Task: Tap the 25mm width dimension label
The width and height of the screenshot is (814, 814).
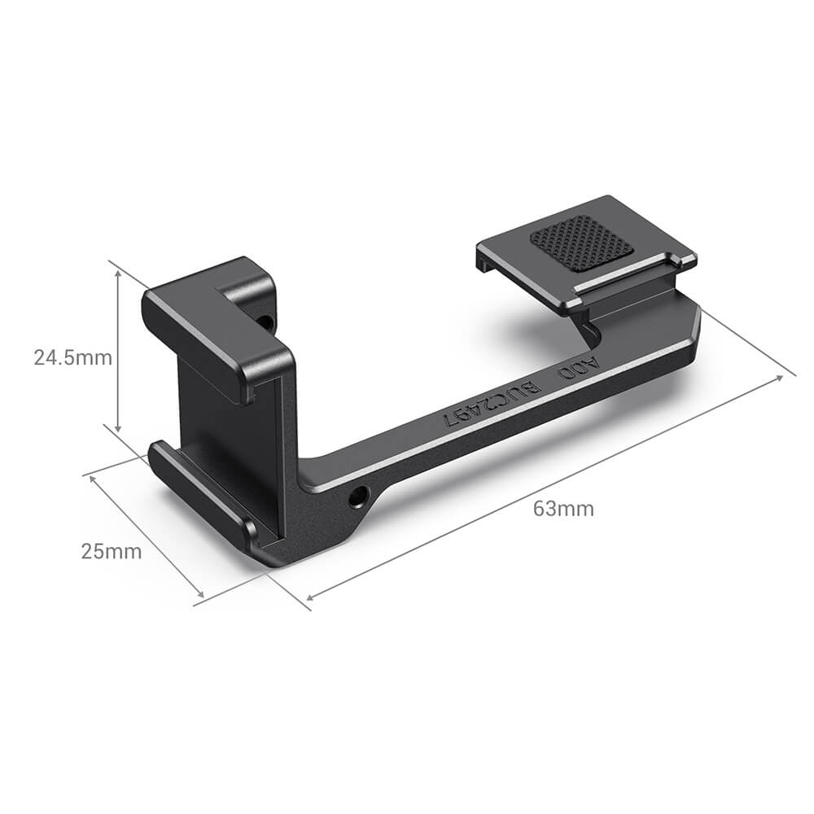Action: tap(112, 551)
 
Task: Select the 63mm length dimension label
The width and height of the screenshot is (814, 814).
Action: tap(563, 510)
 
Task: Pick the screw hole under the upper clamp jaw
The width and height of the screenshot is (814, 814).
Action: tap(265, 322)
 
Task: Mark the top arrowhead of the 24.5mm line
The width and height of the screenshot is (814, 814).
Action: tap(119, 274)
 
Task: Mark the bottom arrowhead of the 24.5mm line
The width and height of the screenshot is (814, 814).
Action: tap(119, 429)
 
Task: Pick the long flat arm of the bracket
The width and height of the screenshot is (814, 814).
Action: tap(488, 423)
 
